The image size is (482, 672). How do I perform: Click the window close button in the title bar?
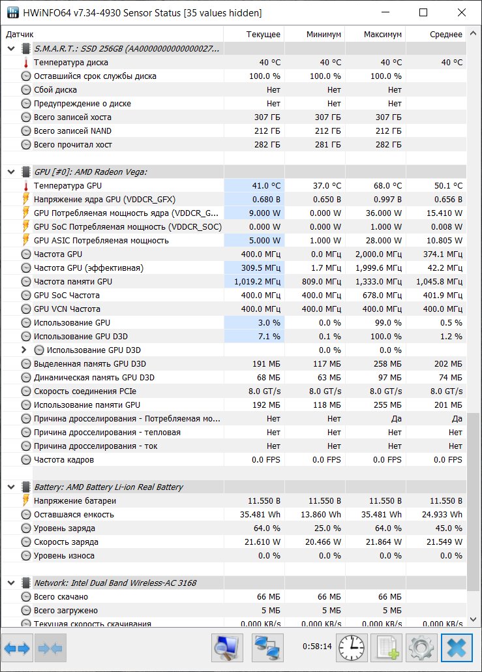[461, 12]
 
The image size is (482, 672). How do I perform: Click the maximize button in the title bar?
[423, 12]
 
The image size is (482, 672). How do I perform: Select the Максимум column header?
[383, 35]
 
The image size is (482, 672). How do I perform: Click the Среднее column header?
[446, 35]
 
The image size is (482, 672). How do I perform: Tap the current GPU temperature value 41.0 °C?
[266, 185]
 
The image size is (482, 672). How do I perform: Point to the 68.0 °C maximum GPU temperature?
[387, 185]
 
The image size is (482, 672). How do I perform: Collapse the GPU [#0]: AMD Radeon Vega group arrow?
[11, 172]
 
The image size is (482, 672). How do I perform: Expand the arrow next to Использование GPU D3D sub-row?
[24, 350]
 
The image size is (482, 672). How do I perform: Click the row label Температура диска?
[70, 62]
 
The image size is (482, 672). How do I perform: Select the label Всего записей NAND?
[72, 130]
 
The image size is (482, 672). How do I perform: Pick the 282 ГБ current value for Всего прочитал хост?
[267, 144]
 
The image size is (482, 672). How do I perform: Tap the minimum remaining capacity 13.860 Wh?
[321, 514]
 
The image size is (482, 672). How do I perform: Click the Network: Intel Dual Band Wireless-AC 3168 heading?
[115, 583]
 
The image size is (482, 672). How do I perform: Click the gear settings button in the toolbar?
[421, 648]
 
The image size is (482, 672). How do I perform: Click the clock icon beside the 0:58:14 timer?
[352, 648]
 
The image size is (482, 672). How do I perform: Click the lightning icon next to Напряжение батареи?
[25, 500]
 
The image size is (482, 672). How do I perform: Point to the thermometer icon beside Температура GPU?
[25, 186]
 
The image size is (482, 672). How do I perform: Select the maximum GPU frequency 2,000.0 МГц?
[379, 254]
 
